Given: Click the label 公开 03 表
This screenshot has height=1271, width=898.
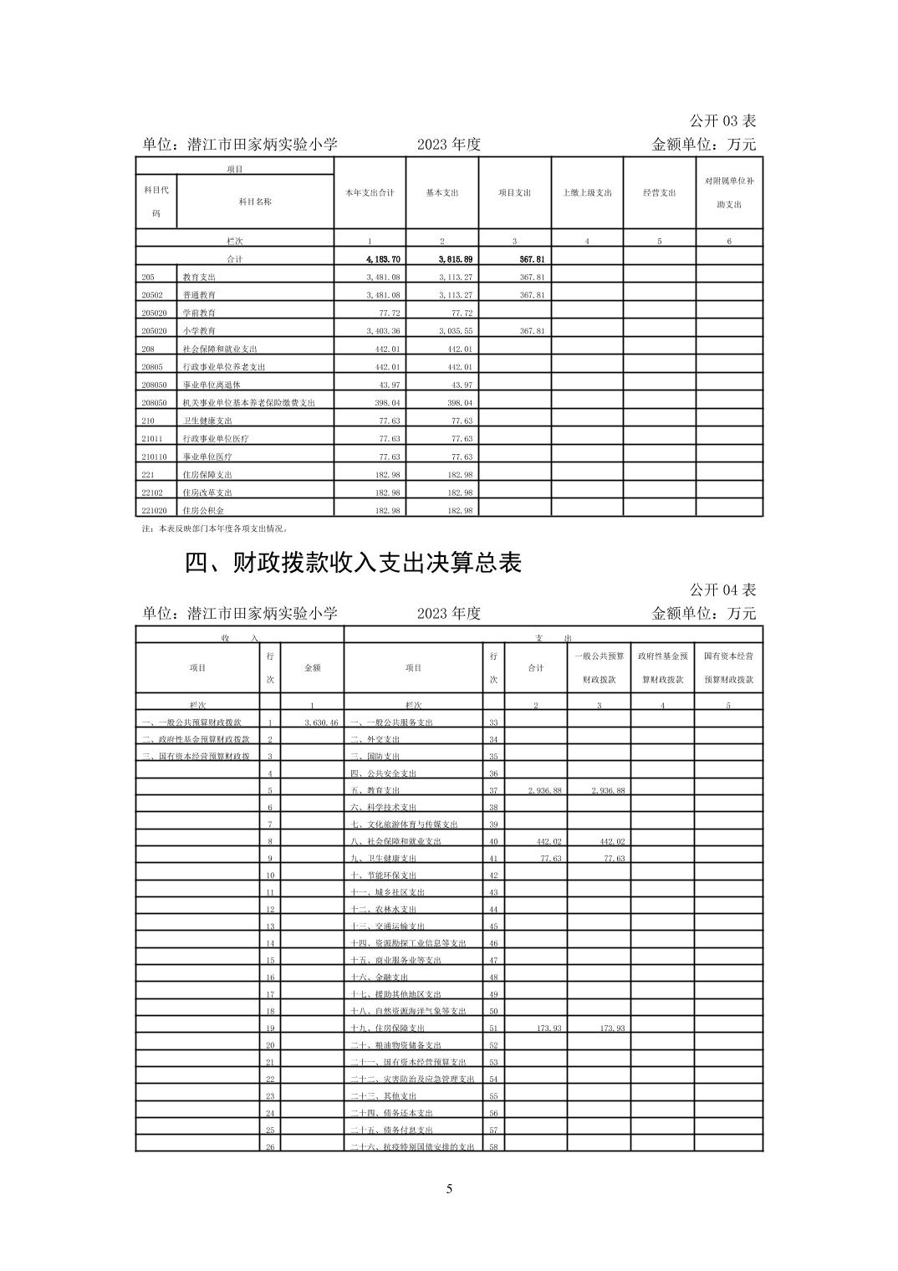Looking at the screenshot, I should click(x=722, y=121).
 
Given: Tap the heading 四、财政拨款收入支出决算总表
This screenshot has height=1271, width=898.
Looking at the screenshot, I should click(x=353, y=563).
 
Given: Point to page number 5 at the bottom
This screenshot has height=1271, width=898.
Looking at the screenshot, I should click(x=449, y=1189).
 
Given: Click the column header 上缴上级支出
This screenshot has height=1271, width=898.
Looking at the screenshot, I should click(x=587, y=192).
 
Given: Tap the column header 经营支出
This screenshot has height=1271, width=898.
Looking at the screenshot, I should click(x=660, y=192).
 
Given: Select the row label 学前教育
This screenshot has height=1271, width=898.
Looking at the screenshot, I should click(x=199, y=313).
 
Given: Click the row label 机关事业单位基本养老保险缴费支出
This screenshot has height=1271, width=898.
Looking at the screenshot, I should click(x=248, y=403).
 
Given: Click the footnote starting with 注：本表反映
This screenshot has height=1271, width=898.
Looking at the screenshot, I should click(x=215, y=528).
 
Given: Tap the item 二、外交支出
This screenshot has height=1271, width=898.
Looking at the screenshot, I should click(x=375, y=739).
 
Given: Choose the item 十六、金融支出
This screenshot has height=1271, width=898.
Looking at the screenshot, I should click(x=379, y=977).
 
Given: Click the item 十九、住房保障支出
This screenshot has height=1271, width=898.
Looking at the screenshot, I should click(x=387, y=1028).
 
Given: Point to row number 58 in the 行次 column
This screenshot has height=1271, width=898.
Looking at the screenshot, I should click(x=493, y=1146).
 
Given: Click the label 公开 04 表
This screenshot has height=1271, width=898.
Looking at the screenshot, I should click(x=722, y=590).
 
